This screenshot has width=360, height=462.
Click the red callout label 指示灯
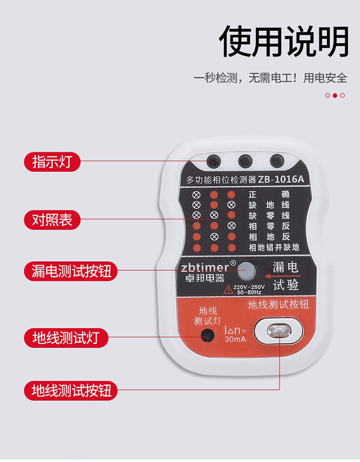coord(52,162)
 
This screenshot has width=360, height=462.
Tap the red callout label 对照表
coord(52,220)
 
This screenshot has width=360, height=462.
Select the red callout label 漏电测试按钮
coord(71,271)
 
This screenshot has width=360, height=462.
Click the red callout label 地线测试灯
coord(66,338)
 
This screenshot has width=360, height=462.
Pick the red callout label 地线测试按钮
coord(71,391)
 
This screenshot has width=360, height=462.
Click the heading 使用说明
coord(284,41)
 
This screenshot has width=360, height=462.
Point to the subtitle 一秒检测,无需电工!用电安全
coord(270,78)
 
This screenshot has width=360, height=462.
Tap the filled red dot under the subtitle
coord(335,95)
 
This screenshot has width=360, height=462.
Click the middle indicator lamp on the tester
coord(246,161)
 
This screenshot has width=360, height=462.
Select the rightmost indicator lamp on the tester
coord(277,161)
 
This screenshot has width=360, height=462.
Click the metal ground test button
coord(279,331)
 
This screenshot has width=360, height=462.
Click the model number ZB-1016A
coord(281,179)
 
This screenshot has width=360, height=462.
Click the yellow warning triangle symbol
coord(228,290)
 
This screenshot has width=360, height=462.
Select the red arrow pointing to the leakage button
coord(283,276)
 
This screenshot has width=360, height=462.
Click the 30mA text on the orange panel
coord(235,339)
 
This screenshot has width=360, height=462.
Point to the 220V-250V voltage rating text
coord(249,287)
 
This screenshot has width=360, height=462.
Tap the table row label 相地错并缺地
coord(274,248)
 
